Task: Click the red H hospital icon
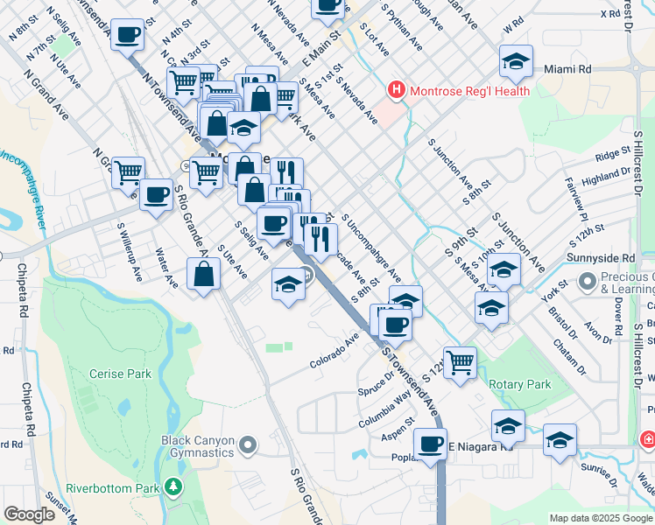point(397,90)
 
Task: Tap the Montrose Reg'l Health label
point(468,90)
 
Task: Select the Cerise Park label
point(120,374)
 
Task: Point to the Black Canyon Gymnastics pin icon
point(248,446)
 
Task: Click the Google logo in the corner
point(29,514)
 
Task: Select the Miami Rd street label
point(573,68)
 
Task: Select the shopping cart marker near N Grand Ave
point(129,171)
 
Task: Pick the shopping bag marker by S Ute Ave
point(203,274)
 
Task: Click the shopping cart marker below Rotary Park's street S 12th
point(459,360)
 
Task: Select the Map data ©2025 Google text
point(600,518)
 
